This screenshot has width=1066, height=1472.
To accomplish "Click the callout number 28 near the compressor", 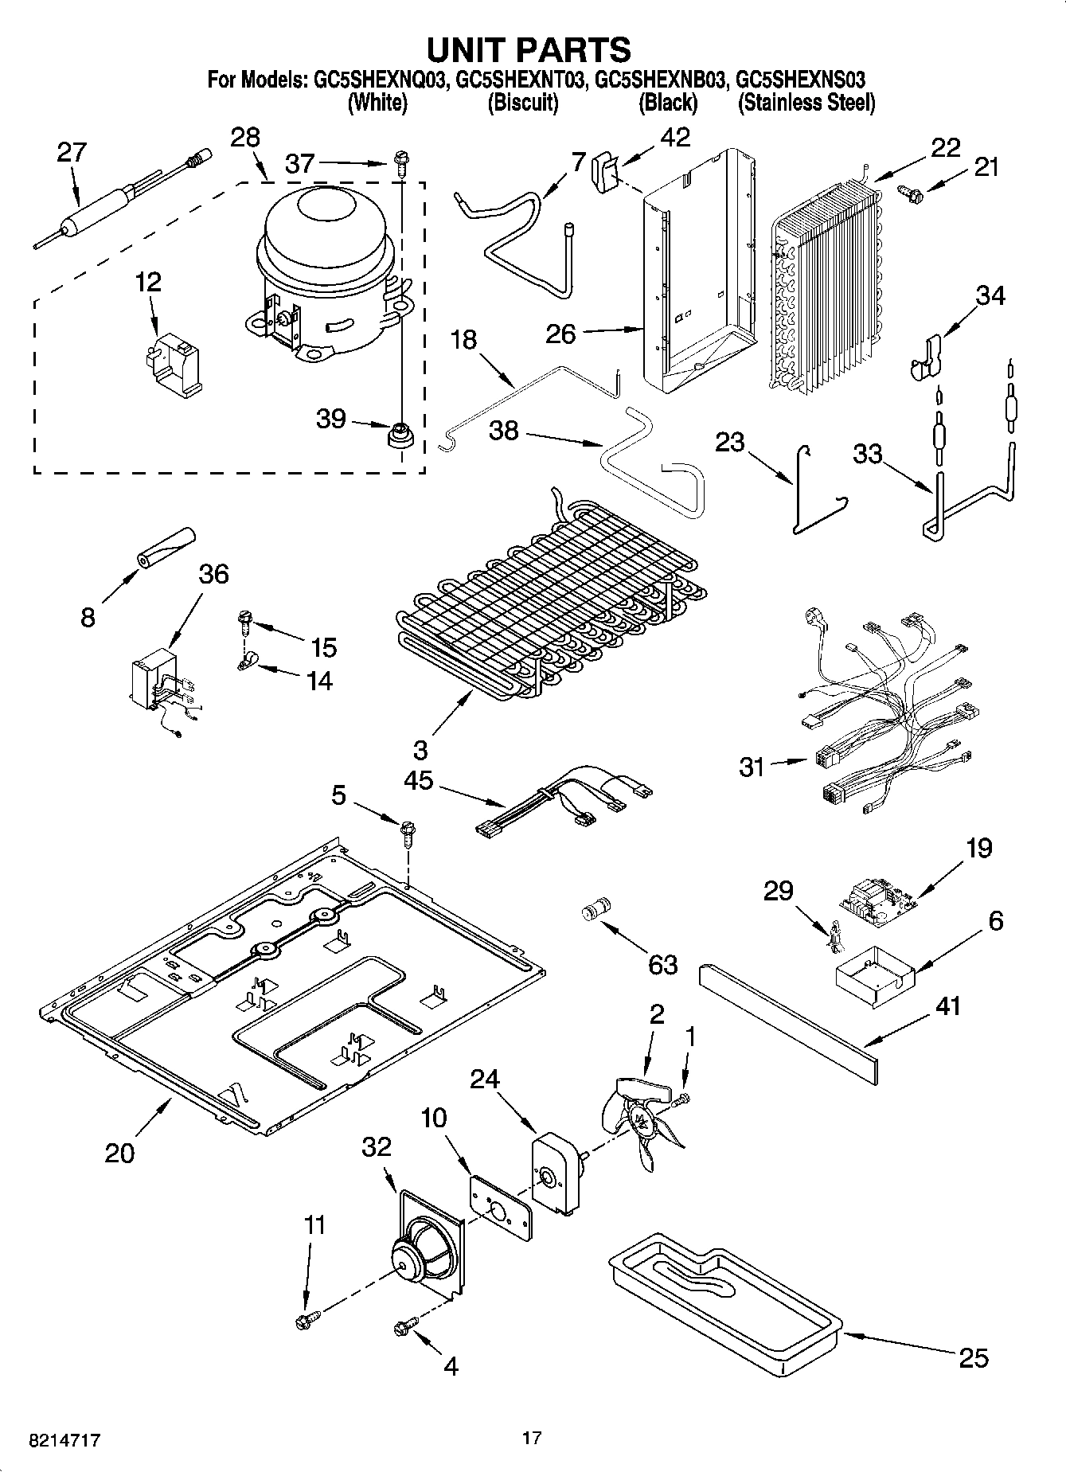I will [x=244, y=137].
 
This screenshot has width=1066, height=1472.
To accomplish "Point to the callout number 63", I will [x=662, y=964].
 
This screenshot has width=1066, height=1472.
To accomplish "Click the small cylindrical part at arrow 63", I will [x=597, y=910].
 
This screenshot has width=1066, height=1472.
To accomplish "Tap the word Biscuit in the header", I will [x=522, y=103].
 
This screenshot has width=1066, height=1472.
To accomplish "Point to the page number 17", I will [x=532, y=1438].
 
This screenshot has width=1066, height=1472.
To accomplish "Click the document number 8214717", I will [x=64, y=1440].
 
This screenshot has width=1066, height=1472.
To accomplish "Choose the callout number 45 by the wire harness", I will [x=418, y=779].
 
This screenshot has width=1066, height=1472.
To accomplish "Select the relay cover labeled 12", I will [x=174, y=365].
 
